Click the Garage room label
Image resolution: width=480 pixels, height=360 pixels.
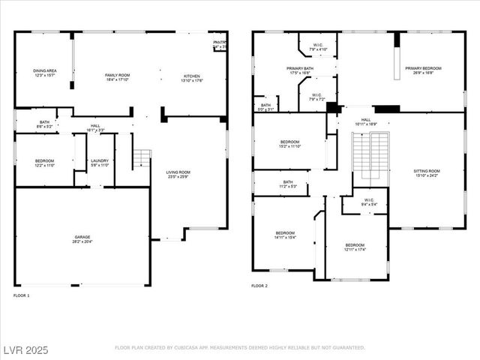(x=82, y=239)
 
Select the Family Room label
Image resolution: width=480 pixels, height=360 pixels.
(x=117, y=77)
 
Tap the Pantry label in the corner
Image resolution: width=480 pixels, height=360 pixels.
(x=219, y=44)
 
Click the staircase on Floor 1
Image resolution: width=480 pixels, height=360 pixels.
(x=142, y=159)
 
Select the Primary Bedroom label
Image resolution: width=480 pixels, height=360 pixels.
(x=424, y=70)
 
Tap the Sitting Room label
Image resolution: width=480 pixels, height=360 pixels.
(x=427, y=173)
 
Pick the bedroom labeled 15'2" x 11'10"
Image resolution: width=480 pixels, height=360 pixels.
(x=290, y=144)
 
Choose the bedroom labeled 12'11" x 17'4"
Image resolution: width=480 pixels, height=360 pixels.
(x=355, y=247)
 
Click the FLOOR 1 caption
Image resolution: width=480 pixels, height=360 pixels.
(x=22, y=296)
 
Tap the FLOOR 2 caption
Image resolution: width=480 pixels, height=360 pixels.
(x=259, y=286)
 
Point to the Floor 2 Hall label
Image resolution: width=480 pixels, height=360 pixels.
(x=366, y=121)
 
